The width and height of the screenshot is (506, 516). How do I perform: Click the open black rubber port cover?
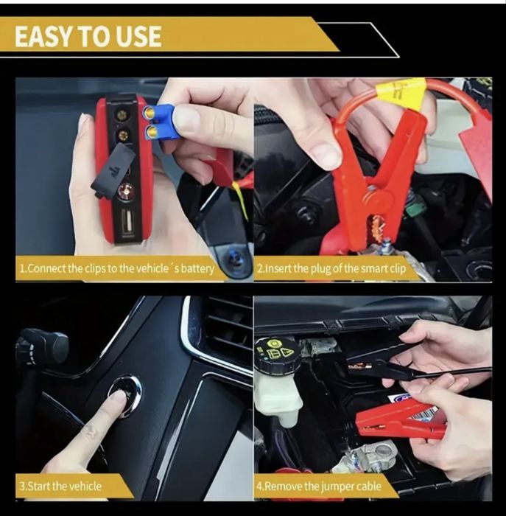(x=112, y=171)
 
